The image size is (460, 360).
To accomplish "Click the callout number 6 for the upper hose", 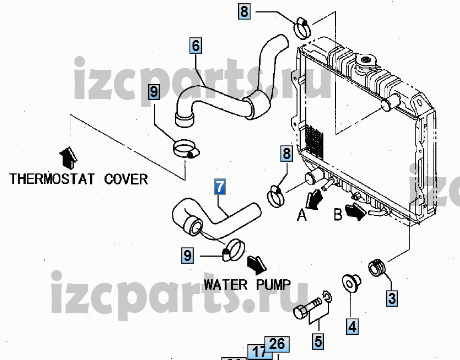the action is click(196, 45).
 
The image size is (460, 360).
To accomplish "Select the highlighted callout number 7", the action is click(220, 187).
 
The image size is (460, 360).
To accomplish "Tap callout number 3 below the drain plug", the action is click(392, 298).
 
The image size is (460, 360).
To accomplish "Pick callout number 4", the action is click(352, 326).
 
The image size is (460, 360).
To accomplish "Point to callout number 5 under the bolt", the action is click(319, 341).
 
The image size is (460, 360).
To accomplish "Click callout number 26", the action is click(277, 344).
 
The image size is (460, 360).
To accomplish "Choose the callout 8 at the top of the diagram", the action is click(244, 11).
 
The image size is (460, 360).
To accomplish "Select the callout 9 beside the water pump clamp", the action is click(188, 255).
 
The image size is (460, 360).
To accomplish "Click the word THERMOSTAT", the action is click(52, 179).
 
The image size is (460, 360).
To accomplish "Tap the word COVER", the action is click(126, 179).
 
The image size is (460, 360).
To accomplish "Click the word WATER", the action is click(225, 285).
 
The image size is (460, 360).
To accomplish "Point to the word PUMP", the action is click(273, 285).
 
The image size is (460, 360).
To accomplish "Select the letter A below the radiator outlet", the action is click(302, 215).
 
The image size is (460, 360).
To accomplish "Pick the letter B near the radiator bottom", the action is click(338, 214).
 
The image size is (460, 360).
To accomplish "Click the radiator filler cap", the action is click(366, 61).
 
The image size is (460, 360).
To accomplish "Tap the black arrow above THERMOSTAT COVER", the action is click(68, 158).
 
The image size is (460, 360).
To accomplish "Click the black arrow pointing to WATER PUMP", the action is click(257, 264).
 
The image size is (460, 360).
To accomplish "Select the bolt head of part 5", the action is click(300, 313).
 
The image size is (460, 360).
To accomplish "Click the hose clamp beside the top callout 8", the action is click(303, 28).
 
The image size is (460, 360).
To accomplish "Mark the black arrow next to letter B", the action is click(356, 211).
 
